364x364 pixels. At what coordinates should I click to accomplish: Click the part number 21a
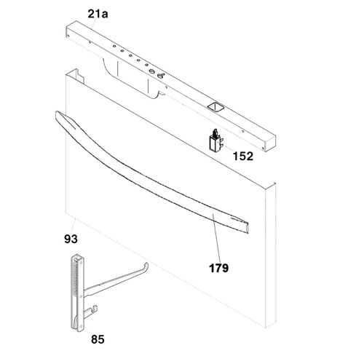pos(98,14)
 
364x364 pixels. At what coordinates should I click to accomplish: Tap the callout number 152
pos(243,156)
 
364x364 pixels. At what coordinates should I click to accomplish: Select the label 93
pos(71,239)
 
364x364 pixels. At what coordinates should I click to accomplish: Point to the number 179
pos(218,268)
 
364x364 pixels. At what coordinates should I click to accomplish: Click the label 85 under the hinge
pos(98,339)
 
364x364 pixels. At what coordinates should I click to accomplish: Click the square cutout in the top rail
pos(215,107)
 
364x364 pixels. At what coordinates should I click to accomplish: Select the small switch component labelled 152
pos(215,141)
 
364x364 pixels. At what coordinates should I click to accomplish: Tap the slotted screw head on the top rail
pos(152,71)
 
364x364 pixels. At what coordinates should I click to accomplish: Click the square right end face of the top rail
pos(270,143)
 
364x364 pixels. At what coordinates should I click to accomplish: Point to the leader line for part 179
pos(217,237)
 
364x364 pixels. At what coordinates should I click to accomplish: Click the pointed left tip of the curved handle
pos(57,113)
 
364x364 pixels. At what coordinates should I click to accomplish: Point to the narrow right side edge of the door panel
pos(271,255)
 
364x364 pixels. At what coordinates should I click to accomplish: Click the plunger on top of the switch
pos(215,132)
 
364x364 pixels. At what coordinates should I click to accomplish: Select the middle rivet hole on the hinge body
pos(81,296)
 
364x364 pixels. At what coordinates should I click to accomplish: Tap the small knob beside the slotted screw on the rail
pos(161,76)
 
